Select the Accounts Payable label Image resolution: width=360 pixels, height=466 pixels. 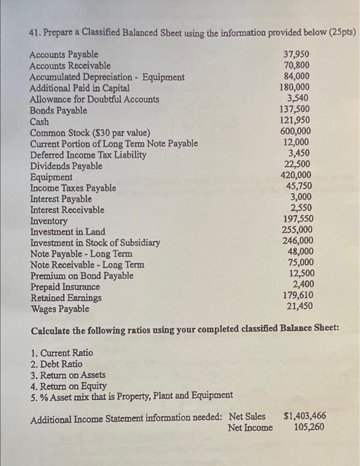(x=64, y=55)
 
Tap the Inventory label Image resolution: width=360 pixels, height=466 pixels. (x=49, y=221)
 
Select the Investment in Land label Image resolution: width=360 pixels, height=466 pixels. (x=68, y=232)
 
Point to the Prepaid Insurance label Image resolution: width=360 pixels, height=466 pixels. (x=65, y=287)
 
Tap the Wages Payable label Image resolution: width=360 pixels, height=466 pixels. (x=61, y=309)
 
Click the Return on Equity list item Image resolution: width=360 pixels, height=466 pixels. (x=69, y=385)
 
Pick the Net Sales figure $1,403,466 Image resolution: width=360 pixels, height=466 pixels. (x=304, y=417)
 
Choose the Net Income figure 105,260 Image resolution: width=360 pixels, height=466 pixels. (x=308, y=427)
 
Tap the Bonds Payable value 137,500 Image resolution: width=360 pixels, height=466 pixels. (x=295, y=110)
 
